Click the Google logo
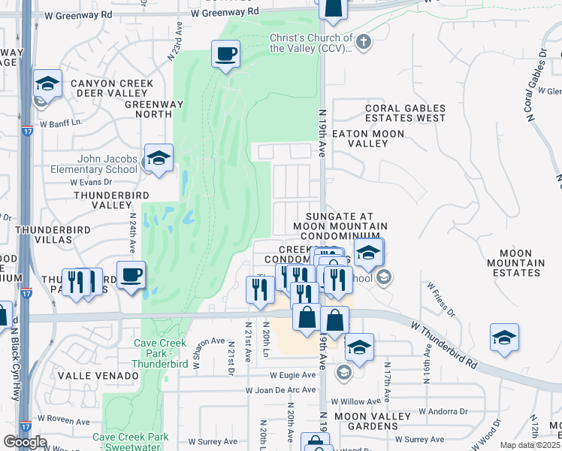click(x=25, y=442)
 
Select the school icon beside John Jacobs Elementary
click(x=158, y=159)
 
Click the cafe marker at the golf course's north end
click(x=225, y=55)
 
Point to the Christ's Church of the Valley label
click(x=311, y=43)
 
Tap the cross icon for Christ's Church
click(x=364, y=41)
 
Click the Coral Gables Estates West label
click(x=405, y=113)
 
